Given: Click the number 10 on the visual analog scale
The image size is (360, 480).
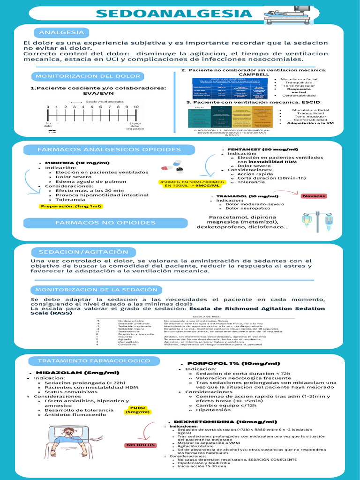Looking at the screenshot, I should (x=136, y=107).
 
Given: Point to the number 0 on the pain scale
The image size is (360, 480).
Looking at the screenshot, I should (x=48, y=107).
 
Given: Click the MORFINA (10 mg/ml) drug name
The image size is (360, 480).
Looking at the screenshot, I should (x=77, y=163).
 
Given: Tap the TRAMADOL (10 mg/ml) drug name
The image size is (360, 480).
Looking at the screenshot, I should (x=247, y=196).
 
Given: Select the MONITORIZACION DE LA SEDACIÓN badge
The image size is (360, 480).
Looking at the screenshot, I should (x=97, y=290).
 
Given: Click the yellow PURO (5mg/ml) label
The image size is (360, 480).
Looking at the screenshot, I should (x=138, y=410).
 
